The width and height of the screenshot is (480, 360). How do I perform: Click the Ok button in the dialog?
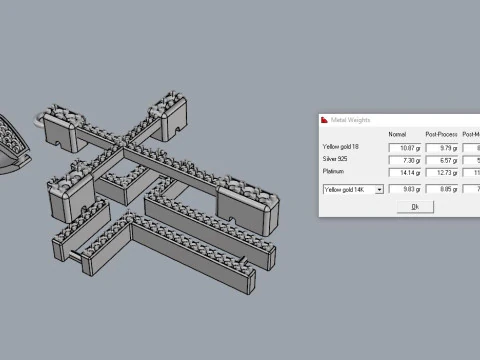414,206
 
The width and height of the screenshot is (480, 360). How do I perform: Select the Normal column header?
397,134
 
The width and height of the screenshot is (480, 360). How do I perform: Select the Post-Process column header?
442,134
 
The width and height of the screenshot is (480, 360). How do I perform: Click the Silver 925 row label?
335,159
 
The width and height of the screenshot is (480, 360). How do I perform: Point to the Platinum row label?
332,171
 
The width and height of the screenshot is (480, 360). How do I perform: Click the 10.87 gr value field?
405,148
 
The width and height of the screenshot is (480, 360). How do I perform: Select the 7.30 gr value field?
405,159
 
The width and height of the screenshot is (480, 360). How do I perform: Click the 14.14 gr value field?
405,171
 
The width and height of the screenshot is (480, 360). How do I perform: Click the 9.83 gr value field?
405,187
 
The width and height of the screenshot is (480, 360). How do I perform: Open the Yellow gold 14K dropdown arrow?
380,188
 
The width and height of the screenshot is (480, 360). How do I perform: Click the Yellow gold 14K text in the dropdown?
346,188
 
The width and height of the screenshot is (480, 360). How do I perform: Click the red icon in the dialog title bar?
325,120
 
